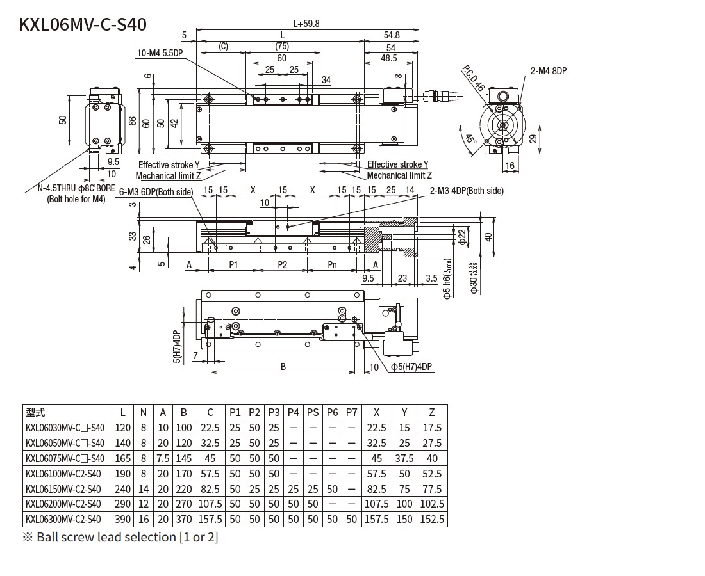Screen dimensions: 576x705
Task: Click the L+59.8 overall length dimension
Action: click(x=306, y=24)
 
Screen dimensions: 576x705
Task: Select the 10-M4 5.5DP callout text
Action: click(x=160, y=54)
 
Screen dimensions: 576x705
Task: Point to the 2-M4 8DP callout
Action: click(x=549, y=71)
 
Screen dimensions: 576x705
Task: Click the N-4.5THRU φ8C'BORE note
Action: click(x=71, y=189)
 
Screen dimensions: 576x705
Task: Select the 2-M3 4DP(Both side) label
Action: click(x=467, y=191)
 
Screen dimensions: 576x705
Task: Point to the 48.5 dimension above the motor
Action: click(x=388, y=58)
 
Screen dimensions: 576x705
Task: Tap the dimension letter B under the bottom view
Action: click(x=283, y=367)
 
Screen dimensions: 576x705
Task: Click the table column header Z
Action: click(x=432, y=413)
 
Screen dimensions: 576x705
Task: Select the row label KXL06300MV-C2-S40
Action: click(x=64, y=519)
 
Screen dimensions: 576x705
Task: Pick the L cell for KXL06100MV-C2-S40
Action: click(x=122, y=474)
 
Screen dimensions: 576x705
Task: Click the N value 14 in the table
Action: click(x=144, y=489)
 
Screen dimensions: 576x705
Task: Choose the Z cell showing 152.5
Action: click(x=432, y=519)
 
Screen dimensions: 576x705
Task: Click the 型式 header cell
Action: click(x=35, y=413)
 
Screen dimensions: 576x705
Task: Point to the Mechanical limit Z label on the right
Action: click(x=399, y=175)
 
